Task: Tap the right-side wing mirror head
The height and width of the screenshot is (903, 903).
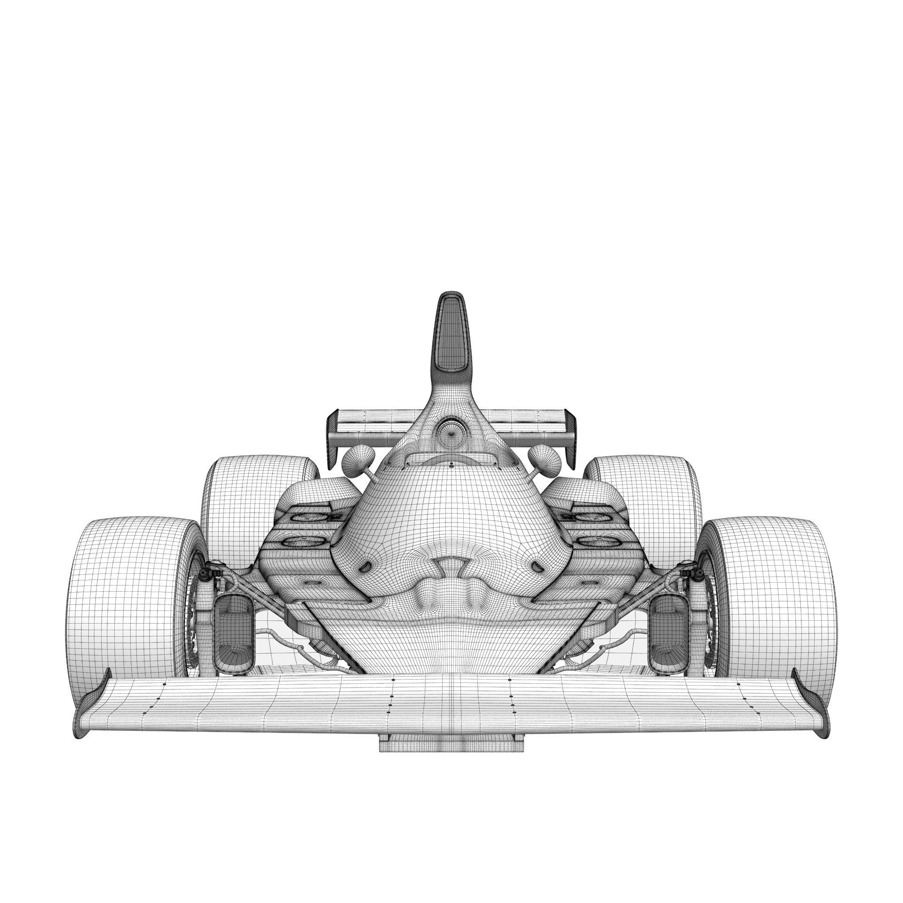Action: click(544, 456)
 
